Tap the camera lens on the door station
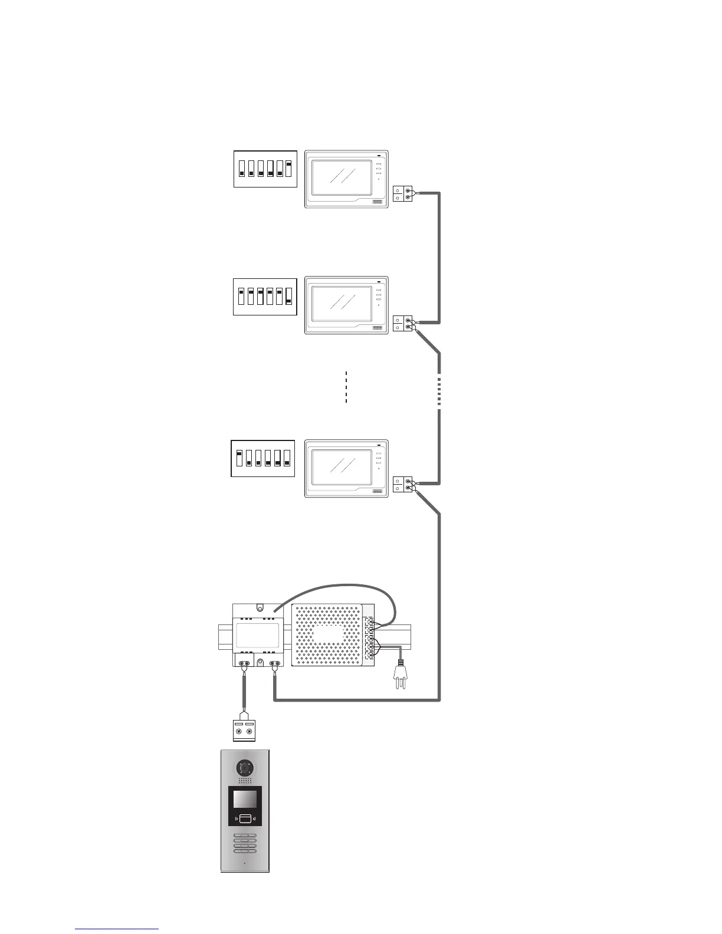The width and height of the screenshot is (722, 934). pos(245,768)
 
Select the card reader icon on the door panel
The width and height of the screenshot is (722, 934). pos(245,818)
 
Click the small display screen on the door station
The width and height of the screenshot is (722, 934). pos(245,800)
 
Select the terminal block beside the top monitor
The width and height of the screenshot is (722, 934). pos(402,194)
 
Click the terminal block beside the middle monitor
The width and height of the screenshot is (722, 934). pos(402,323)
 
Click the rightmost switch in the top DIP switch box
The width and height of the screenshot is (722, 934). pos(289,169)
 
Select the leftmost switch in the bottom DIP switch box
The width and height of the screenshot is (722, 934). pos(239,458)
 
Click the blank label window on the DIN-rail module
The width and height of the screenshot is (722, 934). pos(255,636)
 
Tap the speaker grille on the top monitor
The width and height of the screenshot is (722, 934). pos(378,202)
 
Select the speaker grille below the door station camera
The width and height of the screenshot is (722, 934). pos(245,781)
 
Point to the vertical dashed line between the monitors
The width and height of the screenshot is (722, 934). pos(346,387)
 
